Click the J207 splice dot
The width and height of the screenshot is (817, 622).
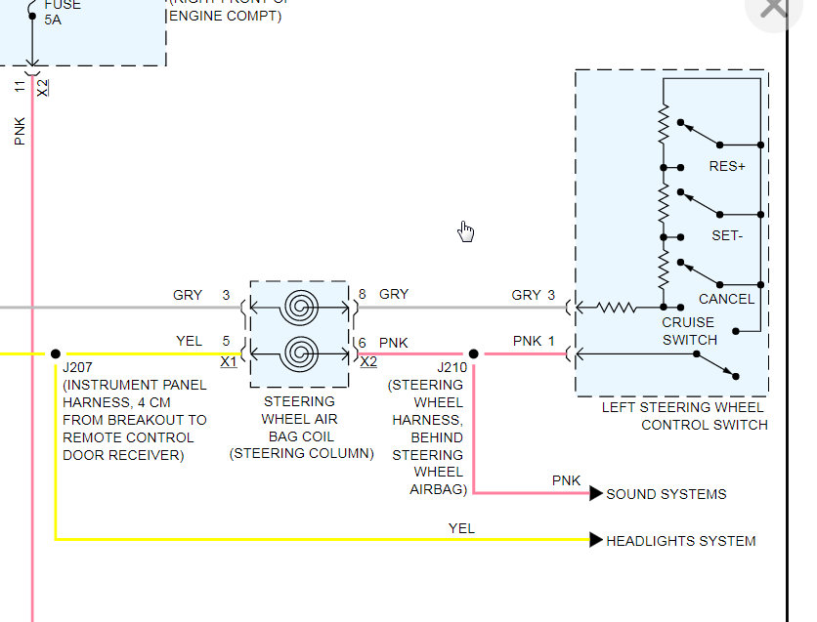click(x=55, y=353)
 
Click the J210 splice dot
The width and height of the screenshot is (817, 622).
click(x=473, y=353)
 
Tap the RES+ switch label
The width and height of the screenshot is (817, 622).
click(x=727, y=166)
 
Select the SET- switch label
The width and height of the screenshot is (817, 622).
click(x=727, y=236)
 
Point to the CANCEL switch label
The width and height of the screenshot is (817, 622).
click(x=726, y=299)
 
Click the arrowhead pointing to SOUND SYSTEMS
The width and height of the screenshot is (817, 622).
click(x=596, y=494)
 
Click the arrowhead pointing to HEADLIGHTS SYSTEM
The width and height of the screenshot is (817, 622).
click(x=596, y=540)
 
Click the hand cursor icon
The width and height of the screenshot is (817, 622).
click(x=466, y=231)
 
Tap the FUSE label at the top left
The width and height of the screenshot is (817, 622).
click(x=63, y=5)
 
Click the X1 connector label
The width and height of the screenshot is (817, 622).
click(x=229, y=361)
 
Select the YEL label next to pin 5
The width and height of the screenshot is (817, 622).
click(x=189, y=341)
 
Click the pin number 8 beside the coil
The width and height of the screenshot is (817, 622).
click(x=362, y=294)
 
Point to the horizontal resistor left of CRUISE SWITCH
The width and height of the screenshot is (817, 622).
click(x=617, y=309)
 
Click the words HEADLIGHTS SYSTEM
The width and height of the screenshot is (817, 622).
click(x=680, y=541)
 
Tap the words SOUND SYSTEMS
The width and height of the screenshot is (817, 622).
click(x=666, y=494)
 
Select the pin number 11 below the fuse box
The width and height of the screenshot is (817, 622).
click(x=20, y=87)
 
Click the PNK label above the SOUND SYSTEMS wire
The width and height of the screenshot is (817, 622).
click(x=566, y=480)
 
